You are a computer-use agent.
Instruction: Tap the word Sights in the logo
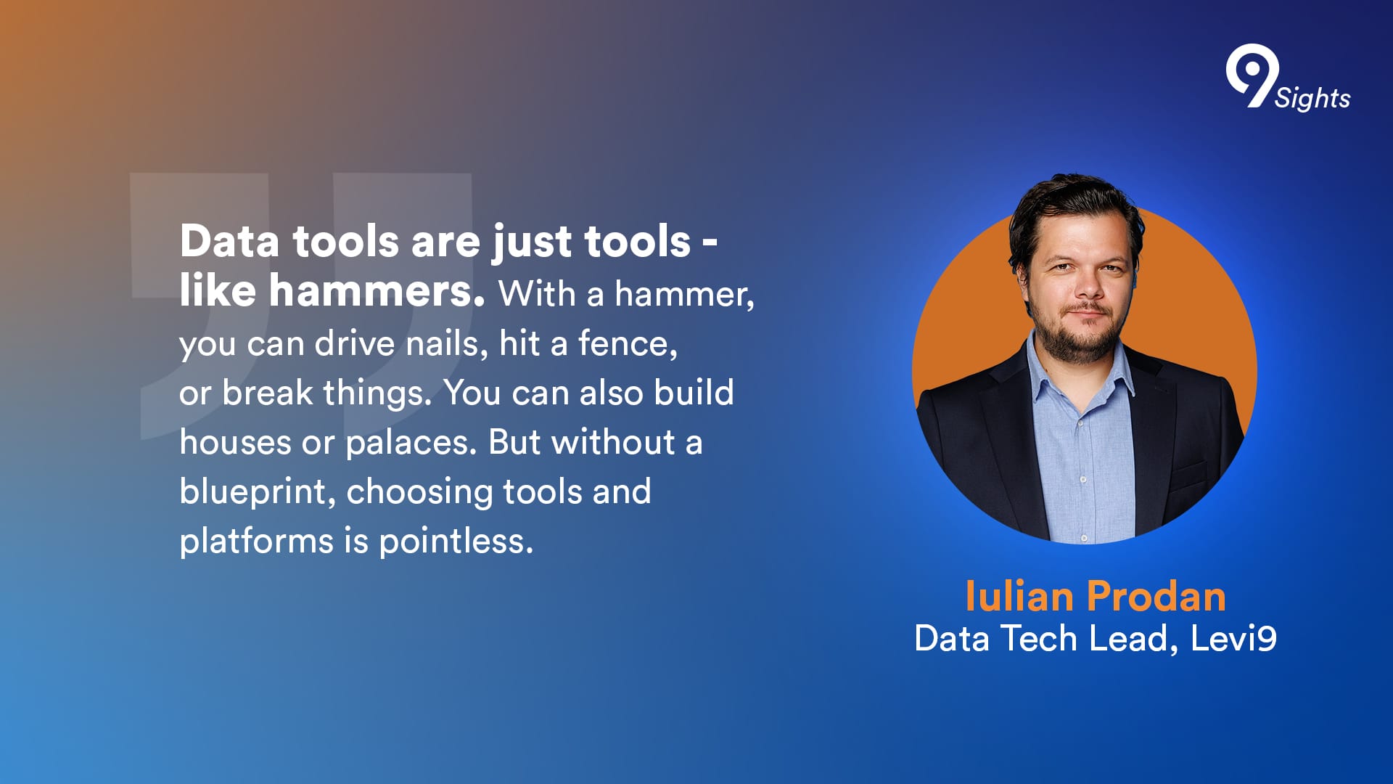[1312, 98]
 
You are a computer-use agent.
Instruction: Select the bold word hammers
[377, 291]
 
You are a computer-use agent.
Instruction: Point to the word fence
[628, 343]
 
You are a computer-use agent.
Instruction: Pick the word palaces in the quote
[411, 444]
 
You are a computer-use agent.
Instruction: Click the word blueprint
[258, 493]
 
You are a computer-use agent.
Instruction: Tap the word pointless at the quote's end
[456, 542]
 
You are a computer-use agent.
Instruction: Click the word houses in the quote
[235, 443]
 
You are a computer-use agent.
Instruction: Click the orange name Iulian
[1019, 597]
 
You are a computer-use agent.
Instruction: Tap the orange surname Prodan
[1156, 597]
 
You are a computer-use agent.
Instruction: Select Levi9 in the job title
[1233, 639]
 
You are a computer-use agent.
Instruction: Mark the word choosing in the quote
[419, 493]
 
